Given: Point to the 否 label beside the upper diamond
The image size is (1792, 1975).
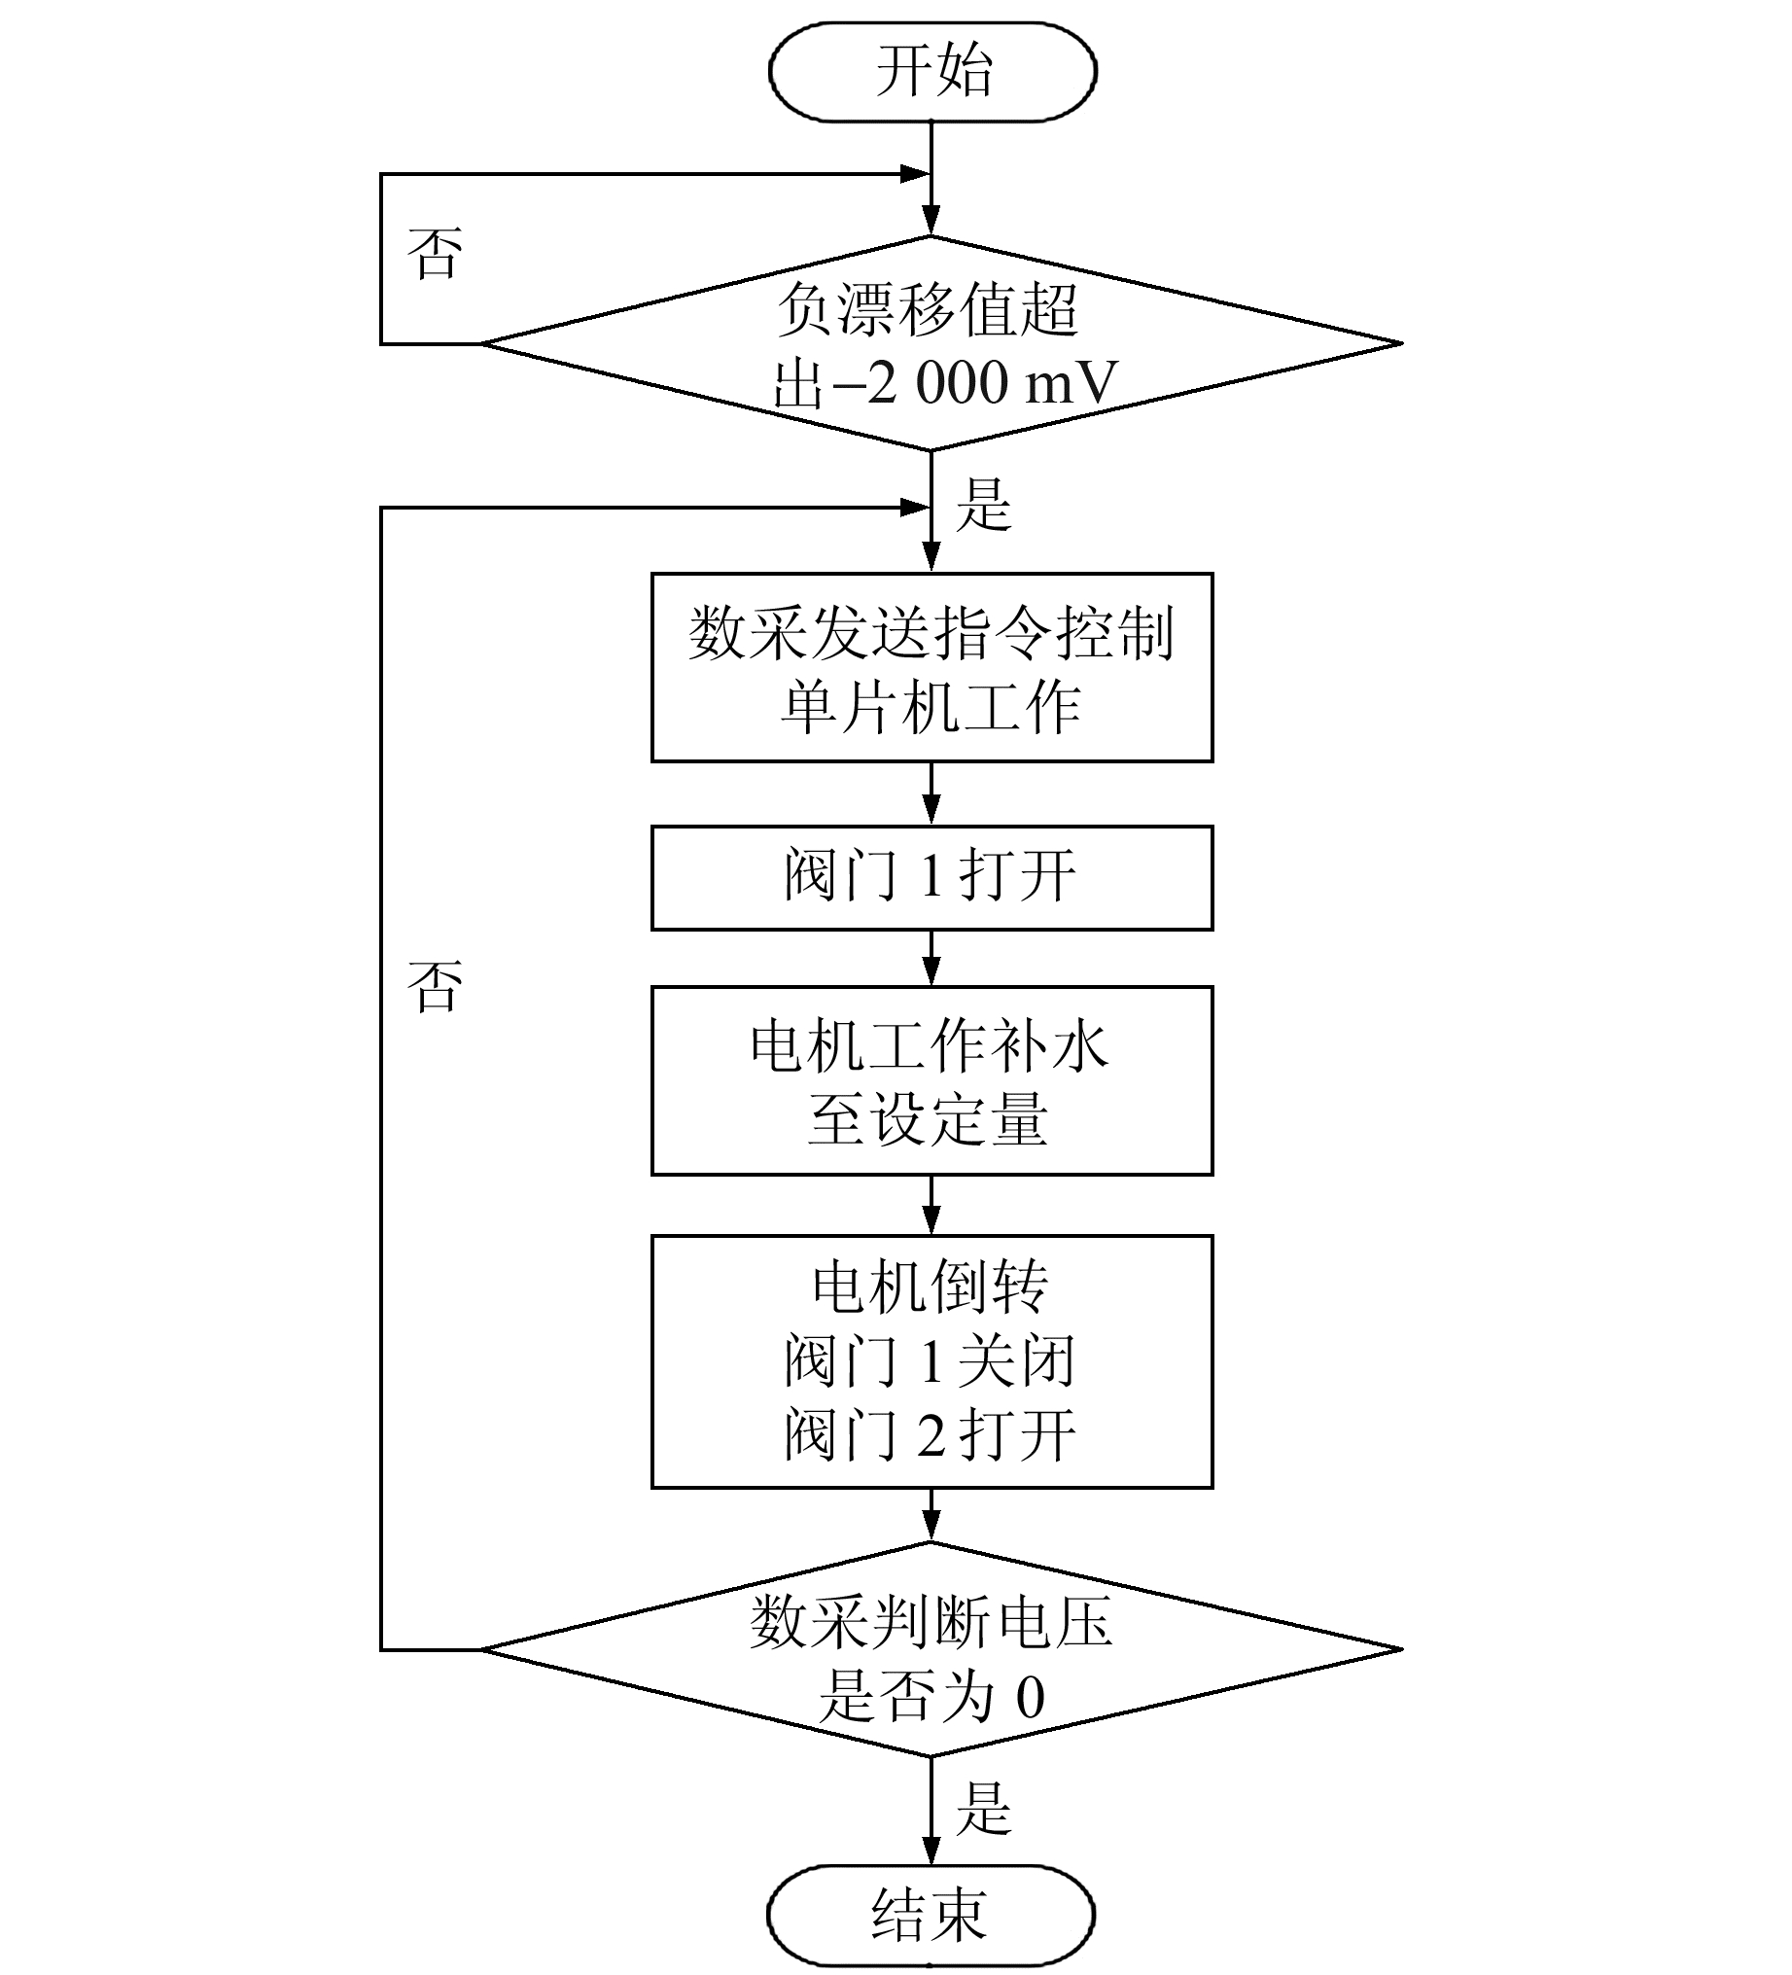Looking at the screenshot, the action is pos(434,254).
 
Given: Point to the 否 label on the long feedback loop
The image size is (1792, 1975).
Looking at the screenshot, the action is pos(434,985).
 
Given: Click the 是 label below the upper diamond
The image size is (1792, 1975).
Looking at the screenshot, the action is pos(983,505).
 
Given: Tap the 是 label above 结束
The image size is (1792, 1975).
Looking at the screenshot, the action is pos(983,1809).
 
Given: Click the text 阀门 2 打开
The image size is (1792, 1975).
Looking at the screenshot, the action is pos(930,1434).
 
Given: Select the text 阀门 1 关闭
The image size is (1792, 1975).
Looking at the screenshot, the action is pos(930,1359).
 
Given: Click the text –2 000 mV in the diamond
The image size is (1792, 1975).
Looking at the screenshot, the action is pos(974,382).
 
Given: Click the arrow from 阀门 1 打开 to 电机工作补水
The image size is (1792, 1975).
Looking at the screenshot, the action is pos(931,957).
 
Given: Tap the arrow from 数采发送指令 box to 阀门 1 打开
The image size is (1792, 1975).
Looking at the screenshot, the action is pos(931,794).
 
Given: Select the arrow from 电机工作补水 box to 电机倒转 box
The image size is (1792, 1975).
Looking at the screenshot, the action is pos(931,1205).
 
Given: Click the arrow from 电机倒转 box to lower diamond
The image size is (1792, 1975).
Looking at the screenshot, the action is pos(931,1515).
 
